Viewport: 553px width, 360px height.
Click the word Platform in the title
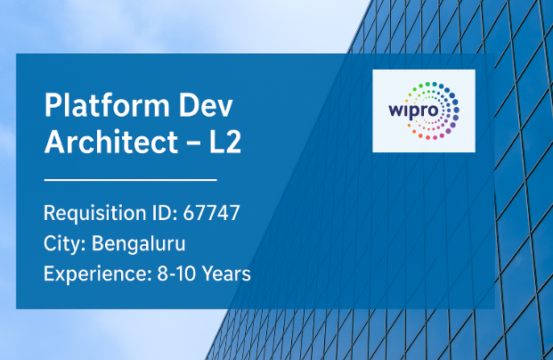pos(107,105)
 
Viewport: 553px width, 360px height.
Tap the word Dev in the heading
pos(206,105)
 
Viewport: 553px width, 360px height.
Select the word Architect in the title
pos(111,142)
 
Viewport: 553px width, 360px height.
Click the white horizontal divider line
pos(131,180)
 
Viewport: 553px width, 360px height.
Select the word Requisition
pos(95,214)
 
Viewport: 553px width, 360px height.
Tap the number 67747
pos(211,213)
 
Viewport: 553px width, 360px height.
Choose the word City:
pos(65,244)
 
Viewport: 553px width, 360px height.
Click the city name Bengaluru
pos(139,244)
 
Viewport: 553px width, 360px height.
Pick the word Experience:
pos(98,274)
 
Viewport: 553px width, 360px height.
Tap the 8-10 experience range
pos(176,274)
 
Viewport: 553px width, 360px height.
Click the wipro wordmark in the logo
pos(413,110)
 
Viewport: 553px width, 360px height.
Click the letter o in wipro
pos(434,110)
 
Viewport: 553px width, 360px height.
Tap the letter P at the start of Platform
pos(53,104)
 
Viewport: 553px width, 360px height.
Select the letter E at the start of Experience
pos(49,274)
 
